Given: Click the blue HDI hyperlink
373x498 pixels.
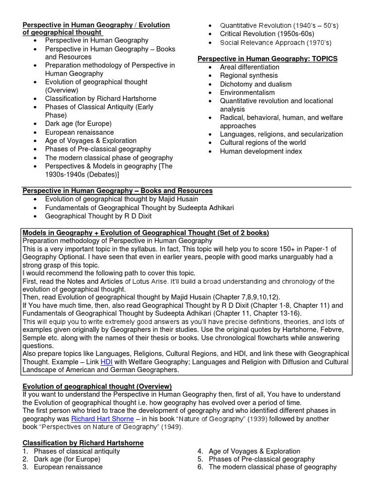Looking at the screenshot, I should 106,362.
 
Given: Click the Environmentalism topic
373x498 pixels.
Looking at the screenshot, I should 247,92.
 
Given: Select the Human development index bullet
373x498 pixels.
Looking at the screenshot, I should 261,151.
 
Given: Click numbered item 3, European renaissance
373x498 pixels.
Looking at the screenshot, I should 68,467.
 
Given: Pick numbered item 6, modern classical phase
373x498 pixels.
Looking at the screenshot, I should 272,467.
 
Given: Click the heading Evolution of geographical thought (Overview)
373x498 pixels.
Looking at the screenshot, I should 97,386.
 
